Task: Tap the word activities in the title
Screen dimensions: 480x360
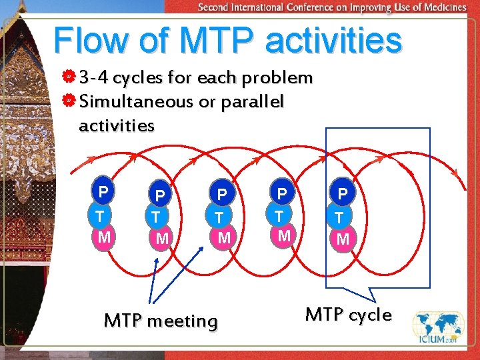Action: pyautogui.click(x=333, y=41)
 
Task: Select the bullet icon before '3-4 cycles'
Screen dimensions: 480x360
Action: pyautogui.click(x=69, y=79)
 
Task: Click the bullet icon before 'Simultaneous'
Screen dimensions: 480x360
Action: pyautogui.click(x=69, y=102)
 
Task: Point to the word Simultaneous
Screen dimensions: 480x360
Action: pyautogui.click(x=135, y=102)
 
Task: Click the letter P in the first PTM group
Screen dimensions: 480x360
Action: pyautogui.click(x=103, y=193)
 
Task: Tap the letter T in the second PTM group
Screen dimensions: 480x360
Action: pyautogui.click(x=155, y=217)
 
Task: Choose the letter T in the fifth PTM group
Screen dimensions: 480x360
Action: pyautogui.click(x=341, y=217)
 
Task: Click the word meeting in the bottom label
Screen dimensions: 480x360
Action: pyautogui.click(x=183, y=321)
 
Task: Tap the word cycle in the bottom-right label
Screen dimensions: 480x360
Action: pyautogui.click(x=367, y=315)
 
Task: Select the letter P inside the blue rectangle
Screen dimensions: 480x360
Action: pyautogui.click(x=343, y=194)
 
